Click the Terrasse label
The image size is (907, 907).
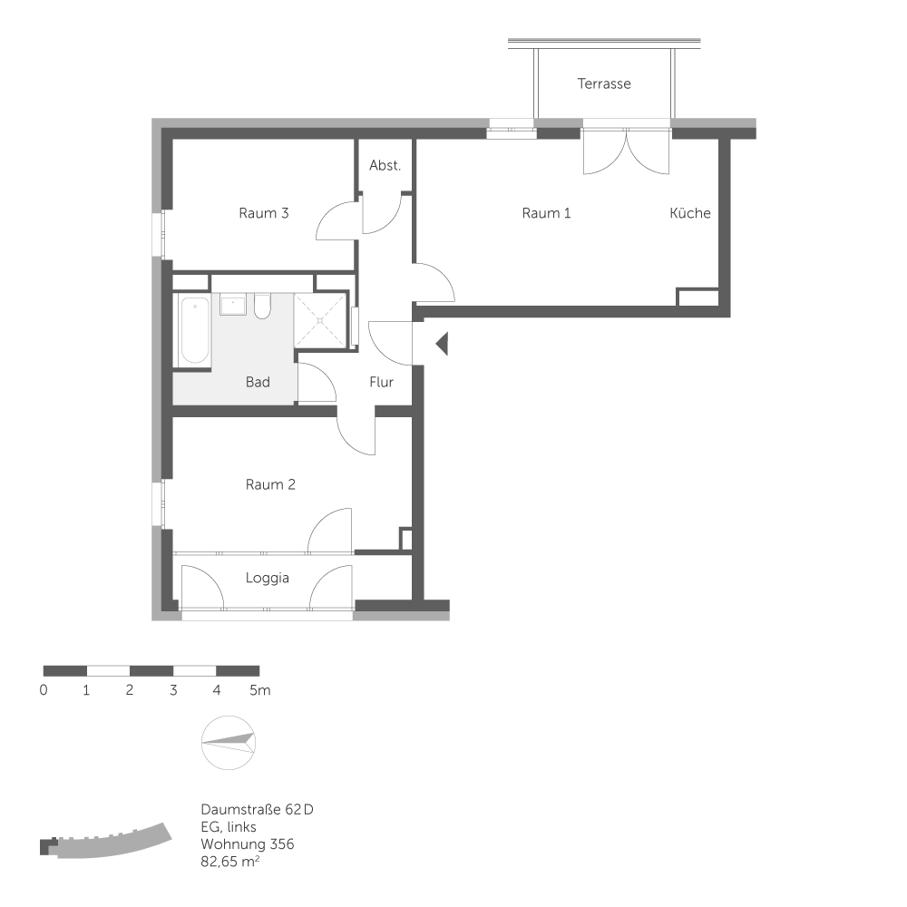click(604, 83)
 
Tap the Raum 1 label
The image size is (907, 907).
click(546, 213)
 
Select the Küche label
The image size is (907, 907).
click(690, 213)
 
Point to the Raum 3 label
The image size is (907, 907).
click(263, 213)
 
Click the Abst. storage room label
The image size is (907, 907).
click(385, 165)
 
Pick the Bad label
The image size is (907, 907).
click(258, 382)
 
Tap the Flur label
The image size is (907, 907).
click(381, 382)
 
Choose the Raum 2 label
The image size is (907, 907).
click(270, 484)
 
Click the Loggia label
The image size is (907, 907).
click(268, 578)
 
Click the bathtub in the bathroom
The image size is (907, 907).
click(194, 330)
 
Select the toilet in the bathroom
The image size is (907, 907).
click(262, 306)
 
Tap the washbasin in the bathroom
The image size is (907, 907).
click(233, 304)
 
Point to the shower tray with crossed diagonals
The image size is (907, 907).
click(320, 320)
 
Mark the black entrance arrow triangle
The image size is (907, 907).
click(442, 344)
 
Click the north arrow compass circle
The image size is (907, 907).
click(229, 743)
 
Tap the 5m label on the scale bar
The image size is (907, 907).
click(259, 690)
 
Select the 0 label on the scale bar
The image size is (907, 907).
click(44, 690)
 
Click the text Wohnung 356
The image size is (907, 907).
click(248, 844)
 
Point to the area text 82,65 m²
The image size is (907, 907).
click(229, 862)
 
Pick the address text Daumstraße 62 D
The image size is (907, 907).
click(257, 809)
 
